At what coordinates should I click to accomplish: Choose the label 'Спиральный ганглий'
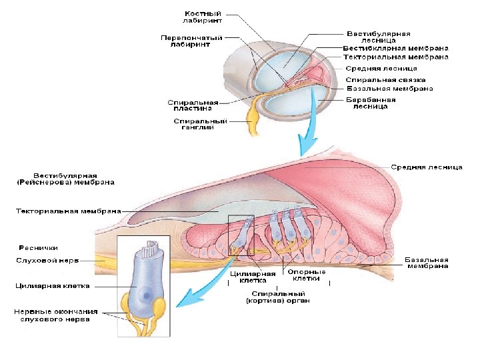[200, 125]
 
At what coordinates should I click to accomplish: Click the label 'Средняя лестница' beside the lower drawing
[427, 167]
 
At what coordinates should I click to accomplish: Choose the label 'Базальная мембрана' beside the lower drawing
[427, 263]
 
